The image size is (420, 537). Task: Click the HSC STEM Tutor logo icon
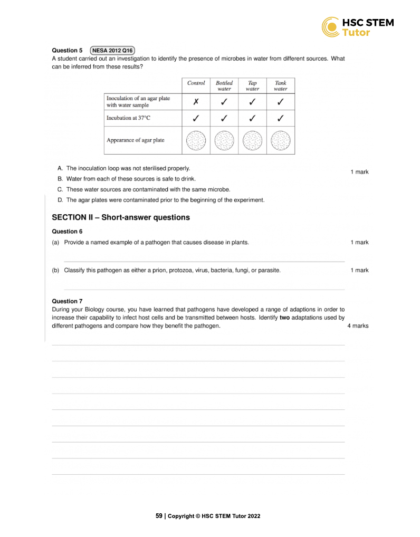[x=331, y=27]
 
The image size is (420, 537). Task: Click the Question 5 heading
[x=67, y=51]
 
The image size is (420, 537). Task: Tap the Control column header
[x=196, y=83]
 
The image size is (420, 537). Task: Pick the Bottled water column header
[x=224, y=86]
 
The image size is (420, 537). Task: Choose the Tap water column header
[x=252, y=86]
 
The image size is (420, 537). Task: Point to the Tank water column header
[x=281, y=86]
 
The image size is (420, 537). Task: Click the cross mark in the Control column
[x=196, y=102]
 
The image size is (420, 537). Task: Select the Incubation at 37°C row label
[x=128, y=118]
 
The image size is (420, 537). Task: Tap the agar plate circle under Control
[x=196, y=141]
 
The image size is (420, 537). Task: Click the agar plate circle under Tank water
[x=281, y=141]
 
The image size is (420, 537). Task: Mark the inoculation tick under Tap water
[x=252, y=102]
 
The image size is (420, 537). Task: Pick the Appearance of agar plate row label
[x=136, y=140]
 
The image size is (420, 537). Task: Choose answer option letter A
[x=60, y=168]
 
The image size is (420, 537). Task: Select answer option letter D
[x=60, y=200]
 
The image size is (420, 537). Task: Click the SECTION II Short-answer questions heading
[x=121, y=217]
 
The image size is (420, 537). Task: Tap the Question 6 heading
[x=67, y=231]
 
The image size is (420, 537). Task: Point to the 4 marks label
[x=358, y=326]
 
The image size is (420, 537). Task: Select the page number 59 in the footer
[x=159, y=516]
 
